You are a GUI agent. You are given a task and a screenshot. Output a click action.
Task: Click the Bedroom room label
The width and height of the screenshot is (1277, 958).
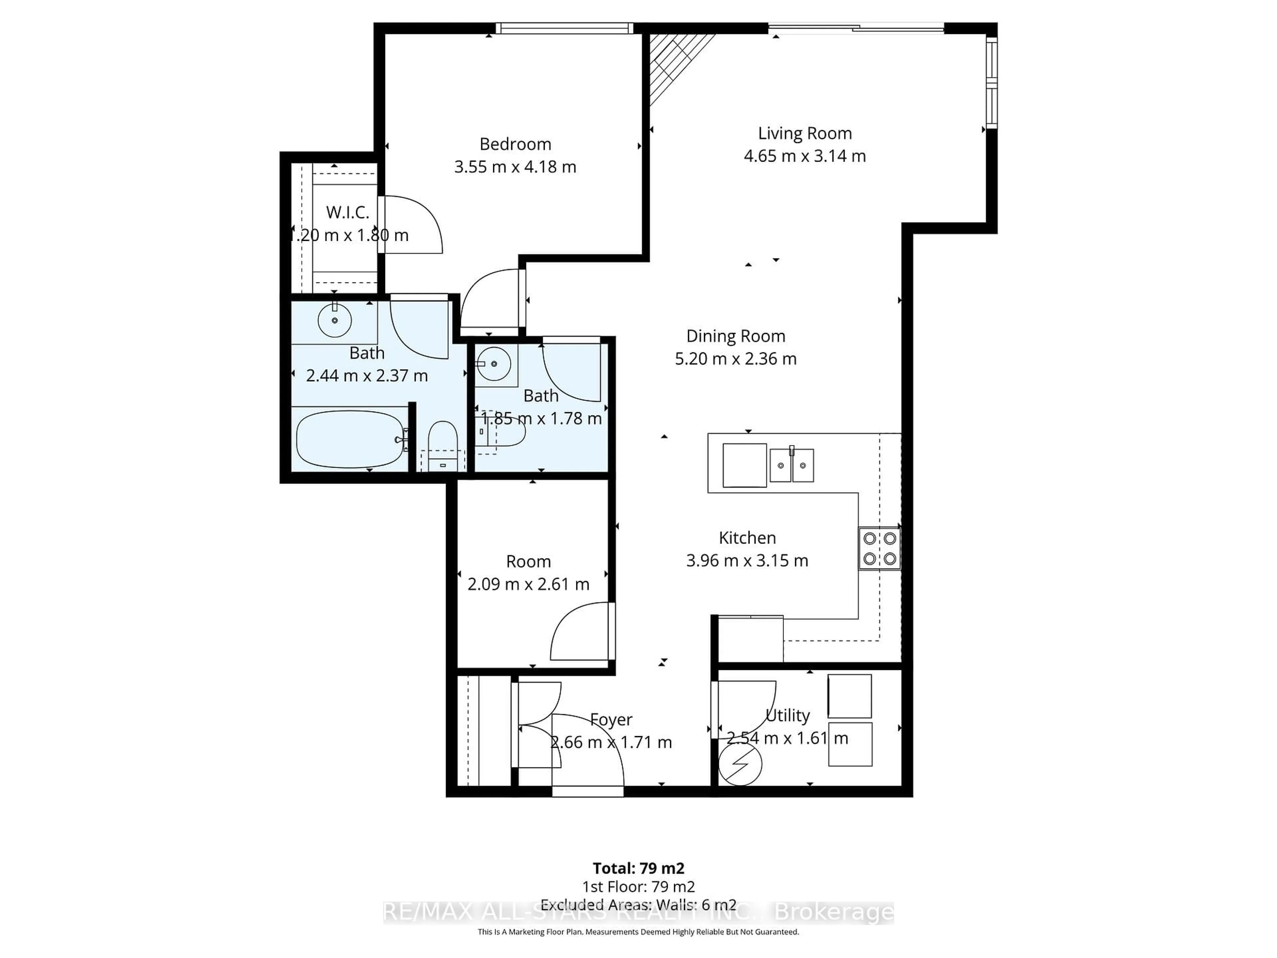click(515, 144)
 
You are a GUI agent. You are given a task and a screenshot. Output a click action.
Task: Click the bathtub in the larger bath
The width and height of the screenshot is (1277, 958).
click(350, 439)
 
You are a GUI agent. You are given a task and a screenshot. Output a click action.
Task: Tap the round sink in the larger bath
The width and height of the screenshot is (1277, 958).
click(335, 320)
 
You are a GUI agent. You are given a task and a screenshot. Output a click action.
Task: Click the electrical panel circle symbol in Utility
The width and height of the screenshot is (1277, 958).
click(740, 764)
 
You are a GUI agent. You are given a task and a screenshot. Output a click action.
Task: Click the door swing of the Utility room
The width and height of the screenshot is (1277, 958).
click(745, 708)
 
